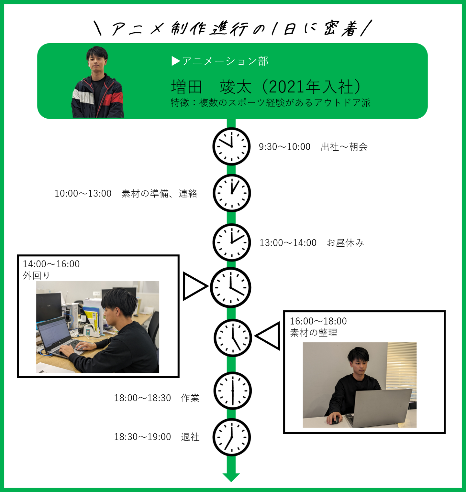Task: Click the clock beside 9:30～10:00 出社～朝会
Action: point(231,146)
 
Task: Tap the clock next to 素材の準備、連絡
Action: point(232,193)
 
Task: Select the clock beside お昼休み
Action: point(232,242)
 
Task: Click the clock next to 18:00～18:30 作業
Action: point(232,391)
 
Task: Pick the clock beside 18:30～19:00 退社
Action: point(232,437)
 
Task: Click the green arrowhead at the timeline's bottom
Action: point(231,477)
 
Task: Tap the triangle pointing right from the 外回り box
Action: point(194,286)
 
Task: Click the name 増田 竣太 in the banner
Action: point(211,87)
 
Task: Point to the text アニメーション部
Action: point(225,61)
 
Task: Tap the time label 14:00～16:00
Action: point(51,264)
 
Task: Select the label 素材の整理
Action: point(314,333)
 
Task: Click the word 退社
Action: point(190,437)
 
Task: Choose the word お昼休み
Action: point(345,243)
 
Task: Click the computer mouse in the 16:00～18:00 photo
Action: point(335,420)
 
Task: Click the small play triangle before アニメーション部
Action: point(176,61)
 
